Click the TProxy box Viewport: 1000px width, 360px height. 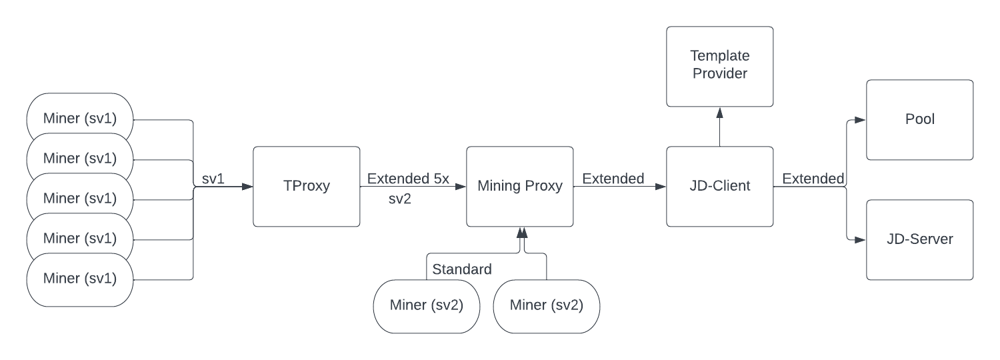307,187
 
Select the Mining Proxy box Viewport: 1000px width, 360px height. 519,187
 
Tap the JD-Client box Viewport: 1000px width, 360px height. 719,187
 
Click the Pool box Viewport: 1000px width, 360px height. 919,120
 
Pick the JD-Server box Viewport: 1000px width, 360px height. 919,239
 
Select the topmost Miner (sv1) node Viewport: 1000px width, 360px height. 79,119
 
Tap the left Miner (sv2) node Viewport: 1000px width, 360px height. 426,306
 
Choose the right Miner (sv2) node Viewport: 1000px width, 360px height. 546,306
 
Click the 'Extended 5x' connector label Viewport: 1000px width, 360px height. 408,179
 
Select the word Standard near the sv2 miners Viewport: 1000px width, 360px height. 462,269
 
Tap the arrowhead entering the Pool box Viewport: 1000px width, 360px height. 861,120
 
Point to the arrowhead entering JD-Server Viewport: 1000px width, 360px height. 861,239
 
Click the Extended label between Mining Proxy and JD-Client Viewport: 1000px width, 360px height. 613,179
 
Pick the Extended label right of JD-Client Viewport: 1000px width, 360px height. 813,179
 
